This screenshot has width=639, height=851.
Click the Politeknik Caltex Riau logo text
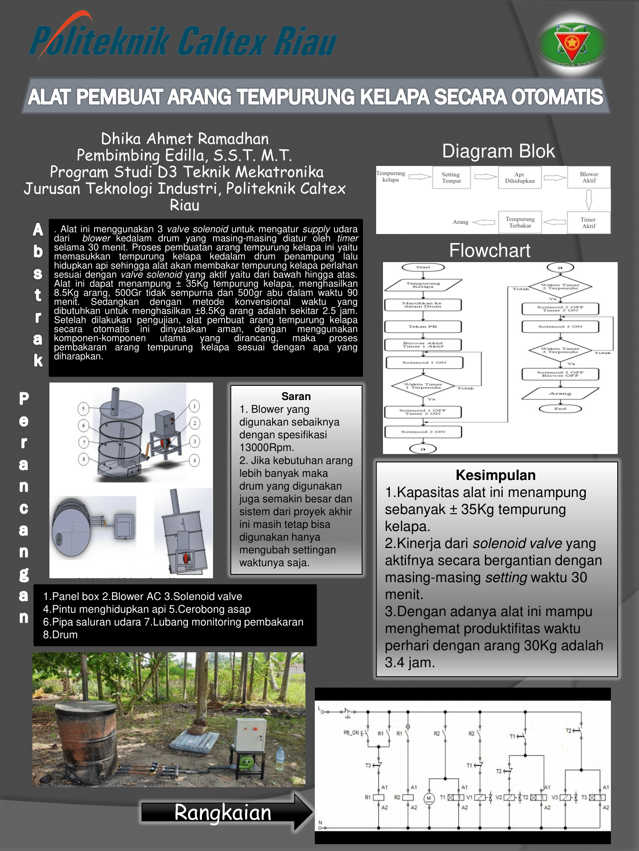(x=183, y=41)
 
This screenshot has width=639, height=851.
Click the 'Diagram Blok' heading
(x=498, y=151)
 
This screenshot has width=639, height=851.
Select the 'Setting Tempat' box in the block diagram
(x=451, y=177)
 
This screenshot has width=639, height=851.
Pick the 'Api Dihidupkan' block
(x=519, y=177)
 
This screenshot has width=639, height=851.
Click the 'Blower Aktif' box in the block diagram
(x=589, y=177)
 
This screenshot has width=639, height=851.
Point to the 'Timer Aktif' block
(x=589, y=223)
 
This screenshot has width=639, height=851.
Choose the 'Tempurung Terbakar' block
(x=520, y=222)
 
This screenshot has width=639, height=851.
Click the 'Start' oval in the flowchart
(x=423, y=267)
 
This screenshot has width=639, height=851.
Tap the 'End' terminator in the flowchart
(x=560, y=408)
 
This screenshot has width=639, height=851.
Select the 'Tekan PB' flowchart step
(x=423, y=326)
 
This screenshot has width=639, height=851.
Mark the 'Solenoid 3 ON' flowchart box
(x=560, y=326)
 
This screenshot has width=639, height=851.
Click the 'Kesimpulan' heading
(x=496, y=475)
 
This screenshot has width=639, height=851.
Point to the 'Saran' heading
(x=296, y=396)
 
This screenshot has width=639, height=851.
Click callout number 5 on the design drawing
(x=83, y=408)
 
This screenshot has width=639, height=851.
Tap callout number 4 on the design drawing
(x=195, y=460)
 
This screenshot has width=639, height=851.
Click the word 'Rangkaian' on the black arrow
(x=223, y=812)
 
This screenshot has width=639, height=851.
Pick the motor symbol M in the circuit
(x=429, y=798)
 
